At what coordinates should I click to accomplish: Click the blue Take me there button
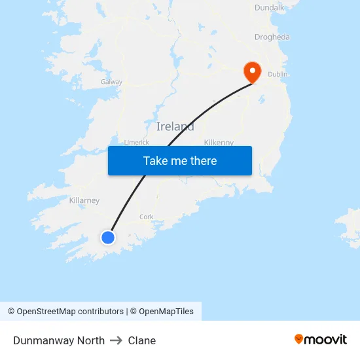(179, 160)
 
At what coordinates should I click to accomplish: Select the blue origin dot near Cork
(108, 237)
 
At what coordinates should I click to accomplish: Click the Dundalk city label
(269, 8)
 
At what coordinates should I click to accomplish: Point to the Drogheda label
(272, 37)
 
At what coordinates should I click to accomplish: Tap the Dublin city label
(278, 75)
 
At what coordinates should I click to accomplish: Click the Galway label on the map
(111, 82)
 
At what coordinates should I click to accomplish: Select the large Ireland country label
(175, 126)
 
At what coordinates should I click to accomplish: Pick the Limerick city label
(136, 142)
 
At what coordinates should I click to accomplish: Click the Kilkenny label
(219, 142)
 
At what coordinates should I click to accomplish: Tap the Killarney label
(84, 200)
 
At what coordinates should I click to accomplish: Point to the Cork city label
(146, 217)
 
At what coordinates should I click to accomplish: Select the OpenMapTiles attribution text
(166, 312)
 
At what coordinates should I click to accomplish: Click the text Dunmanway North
(59, 340)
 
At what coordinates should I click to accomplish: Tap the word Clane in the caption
(142, 340)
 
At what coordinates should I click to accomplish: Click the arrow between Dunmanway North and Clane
(116, 340)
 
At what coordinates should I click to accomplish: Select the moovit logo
(320, 339)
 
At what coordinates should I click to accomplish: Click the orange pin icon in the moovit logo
(299, 339)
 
